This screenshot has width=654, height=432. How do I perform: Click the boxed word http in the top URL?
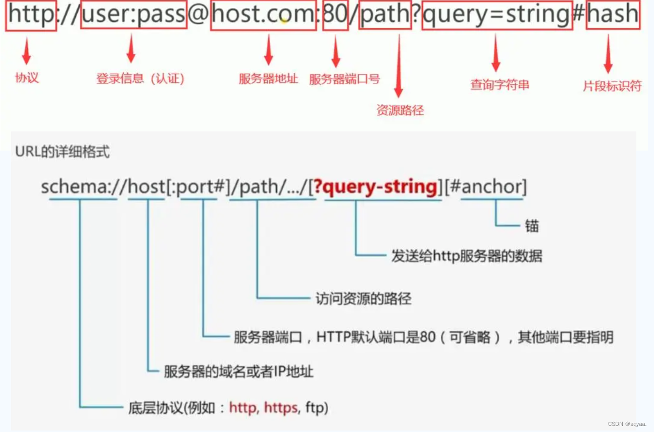pyautogui.click(x=31, y=15)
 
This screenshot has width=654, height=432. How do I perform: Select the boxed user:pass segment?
pyautogui.click(x=133, y=15)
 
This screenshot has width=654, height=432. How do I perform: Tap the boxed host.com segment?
pyautogui.click(x=263, y=15)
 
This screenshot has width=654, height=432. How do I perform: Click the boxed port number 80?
pyautogui.click(x=335, y=15)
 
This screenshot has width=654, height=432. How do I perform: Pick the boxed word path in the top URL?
pyautogui.click(x=385, y=15)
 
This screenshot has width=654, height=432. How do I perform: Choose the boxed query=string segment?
pyautogui.click(x=497, y=15)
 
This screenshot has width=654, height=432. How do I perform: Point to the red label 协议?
pyautogui.click(x=27, y=78)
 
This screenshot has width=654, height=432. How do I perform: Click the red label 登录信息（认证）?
pyautogui.click(x=140, y=79)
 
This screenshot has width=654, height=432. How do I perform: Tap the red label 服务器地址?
pyautogui.click(x=269, y=79)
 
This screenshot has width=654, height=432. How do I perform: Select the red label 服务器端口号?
pyautogui.click(x=344, y=79)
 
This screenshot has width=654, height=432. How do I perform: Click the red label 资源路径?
pyautogui.click(x=400, y=110)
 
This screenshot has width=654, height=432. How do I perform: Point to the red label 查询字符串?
pyautogui.click(x=499, y=85)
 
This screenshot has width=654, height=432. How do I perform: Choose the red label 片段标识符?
pyautogui.click(x=612, y=86)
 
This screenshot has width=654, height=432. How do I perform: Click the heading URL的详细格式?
pyautogui.click(x=63, y=152)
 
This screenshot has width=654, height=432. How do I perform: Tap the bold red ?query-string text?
pyautogui.click(x=375, y=187)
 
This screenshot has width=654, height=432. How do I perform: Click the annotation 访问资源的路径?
pyautogui.click(x=363, y=299)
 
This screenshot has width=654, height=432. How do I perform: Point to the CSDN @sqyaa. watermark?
pyautogui.click(x=627, y=424)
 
